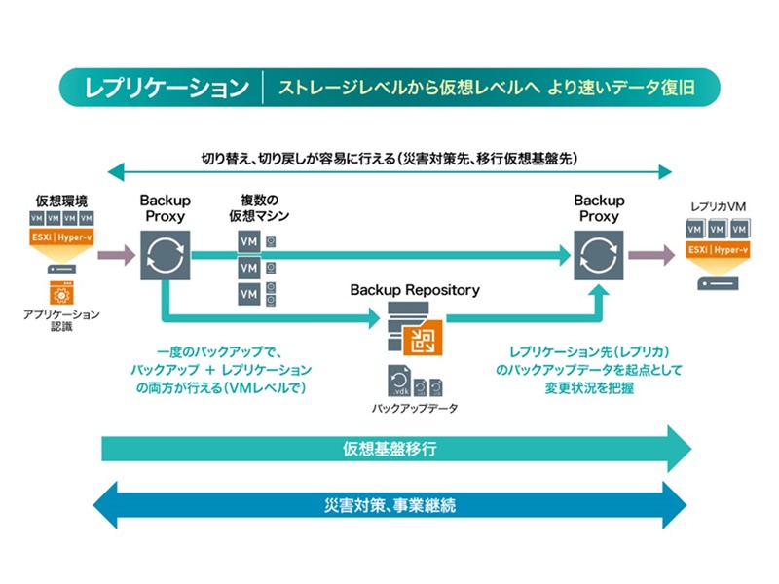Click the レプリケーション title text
167,88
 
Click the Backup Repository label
415,290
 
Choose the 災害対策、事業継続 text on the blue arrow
389,506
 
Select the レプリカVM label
718,208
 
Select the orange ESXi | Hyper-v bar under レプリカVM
718,250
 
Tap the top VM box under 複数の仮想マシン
248,240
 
